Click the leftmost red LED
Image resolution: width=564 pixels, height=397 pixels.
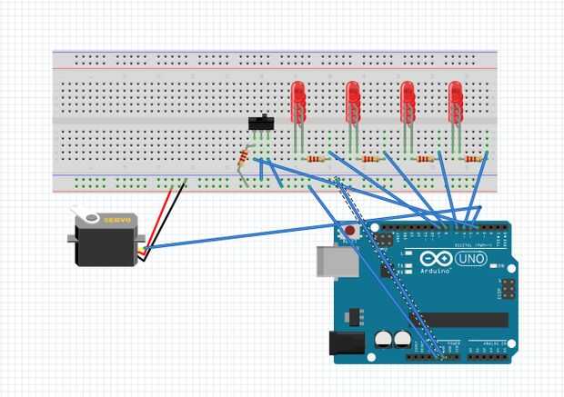[x=297, y=101]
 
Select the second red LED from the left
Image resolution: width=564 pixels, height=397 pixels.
[x=352, y=101]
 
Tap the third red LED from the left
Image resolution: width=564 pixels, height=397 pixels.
[x=408, y=101]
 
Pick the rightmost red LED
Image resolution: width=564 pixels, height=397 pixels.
[x=455, y=101]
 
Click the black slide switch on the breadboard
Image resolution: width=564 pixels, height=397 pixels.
[x=261, y=124]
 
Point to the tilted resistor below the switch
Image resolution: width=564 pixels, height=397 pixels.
[x=242, y=159]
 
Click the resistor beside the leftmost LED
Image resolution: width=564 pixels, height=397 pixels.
[x=316, y=159]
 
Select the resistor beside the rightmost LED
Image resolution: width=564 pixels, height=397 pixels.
[x=473, y=159]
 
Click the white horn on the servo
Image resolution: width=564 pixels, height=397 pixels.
[x=88, y=215]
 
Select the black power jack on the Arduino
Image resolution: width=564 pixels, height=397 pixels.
[x=346, y=343]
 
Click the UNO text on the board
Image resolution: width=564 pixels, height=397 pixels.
[x=472, y=259]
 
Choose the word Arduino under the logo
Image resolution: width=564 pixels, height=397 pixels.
[x=436, y=271]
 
